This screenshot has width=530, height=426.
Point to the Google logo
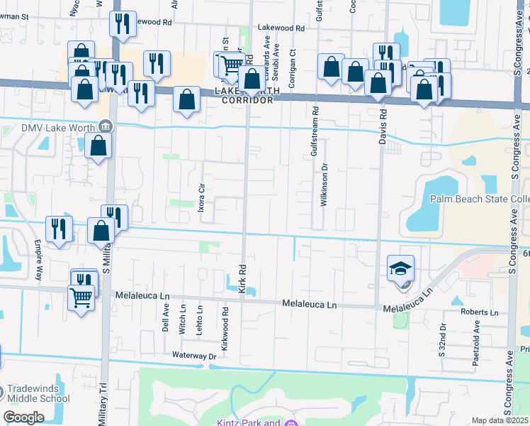point(23,417)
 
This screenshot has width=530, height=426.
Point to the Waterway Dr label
point(193,355)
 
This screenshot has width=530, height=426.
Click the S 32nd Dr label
point(441,339)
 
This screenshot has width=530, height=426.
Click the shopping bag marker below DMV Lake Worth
point(98,146)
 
